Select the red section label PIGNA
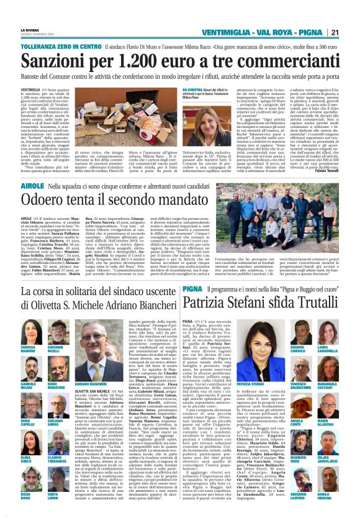[x=192, y=289]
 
